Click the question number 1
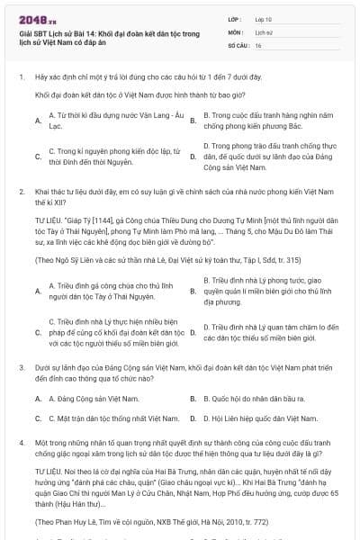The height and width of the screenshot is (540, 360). coord(21,77)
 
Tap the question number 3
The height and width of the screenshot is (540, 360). coord(21,368)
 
